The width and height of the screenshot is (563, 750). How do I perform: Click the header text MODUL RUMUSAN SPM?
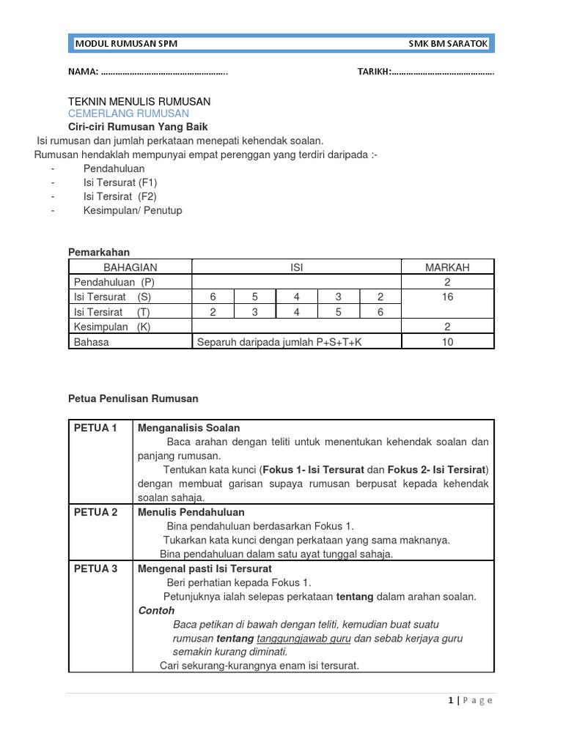[126, 44]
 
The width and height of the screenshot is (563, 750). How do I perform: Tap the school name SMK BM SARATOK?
[448, 44]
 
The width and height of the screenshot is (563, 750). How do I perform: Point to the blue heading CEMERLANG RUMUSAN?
[128, 114]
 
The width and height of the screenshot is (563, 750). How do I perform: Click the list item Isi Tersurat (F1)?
[120, 182]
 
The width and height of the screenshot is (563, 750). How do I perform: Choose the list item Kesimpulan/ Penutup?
[133, 210]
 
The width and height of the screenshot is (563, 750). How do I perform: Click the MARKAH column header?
[447, 267]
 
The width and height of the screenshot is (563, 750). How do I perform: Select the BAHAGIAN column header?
[130, 267]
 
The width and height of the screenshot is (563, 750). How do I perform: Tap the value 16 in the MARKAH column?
[448, 297]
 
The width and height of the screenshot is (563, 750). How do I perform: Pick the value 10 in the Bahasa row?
[448, 341]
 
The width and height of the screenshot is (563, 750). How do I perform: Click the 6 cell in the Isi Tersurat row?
[213, 297]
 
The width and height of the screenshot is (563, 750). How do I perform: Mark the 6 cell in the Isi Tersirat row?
[380, 312]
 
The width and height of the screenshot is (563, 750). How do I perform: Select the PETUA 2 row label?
[96, 512]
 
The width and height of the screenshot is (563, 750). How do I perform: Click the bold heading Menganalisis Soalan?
[188, 428]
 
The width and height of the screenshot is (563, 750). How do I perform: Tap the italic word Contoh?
[156, 610]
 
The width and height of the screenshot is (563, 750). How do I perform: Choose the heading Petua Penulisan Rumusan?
[133, 398]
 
